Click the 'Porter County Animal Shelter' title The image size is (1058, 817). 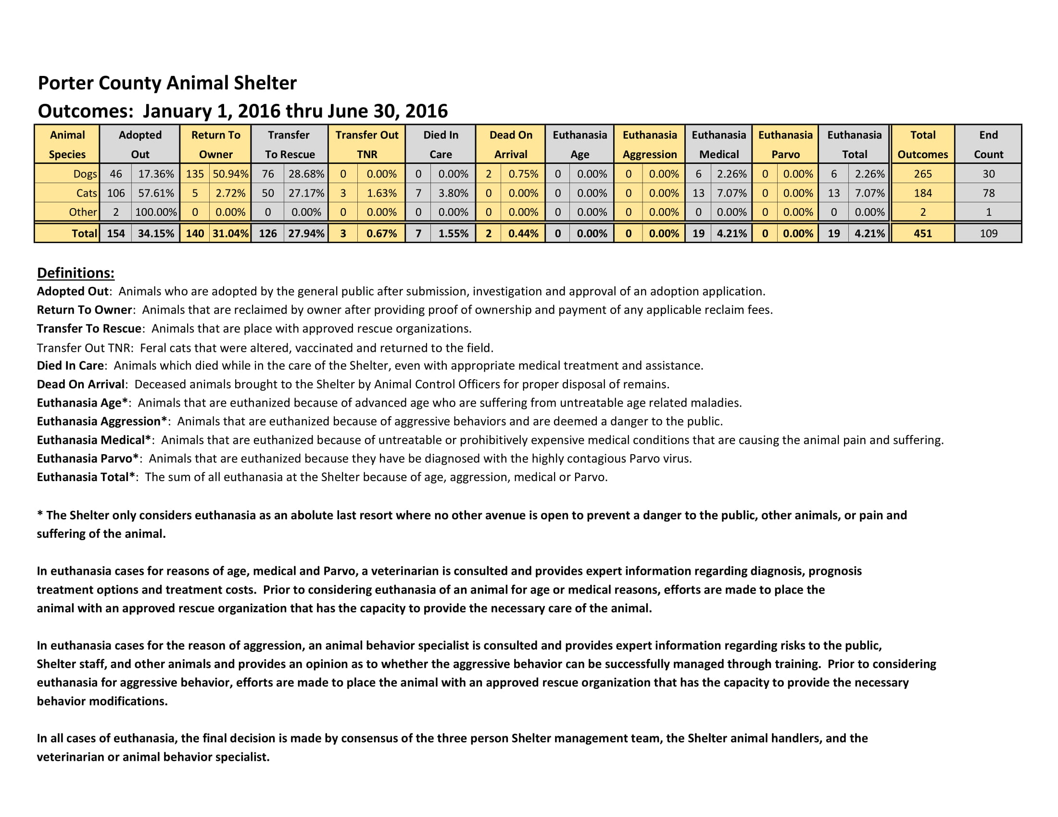[167, 83]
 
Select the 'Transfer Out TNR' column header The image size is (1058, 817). [367, 144]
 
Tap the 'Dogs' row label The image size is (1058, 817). [85, 174]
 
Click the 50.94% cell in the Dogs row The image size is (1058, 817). [230, 174]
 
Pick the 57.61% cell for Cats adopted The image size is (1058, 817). [156, 193]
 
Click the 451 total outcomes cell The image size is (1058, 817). [922, 233]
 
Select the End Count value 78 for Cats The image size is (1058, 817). [988, 193]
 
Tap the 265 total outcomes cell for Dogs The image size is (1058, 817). [922, 174]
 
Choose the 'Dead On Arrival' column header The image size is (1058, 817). [511, 144]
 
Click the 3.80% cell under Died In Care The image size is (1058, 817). [453, 193]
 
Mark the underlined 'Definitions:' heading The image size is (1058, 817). [76, 273]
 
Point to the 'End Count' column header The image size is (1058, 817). [988, 144]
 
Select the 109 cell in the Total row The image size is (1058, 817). [988, 233]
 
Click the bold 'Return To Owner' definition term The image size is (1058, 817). [84, 310]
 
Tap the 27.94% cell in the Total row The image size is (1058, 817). [306, 233]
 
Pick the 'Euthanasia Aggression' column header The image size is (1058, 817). [650, 144]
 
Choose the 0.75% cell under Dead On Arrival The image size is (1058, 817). [523, 174]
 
